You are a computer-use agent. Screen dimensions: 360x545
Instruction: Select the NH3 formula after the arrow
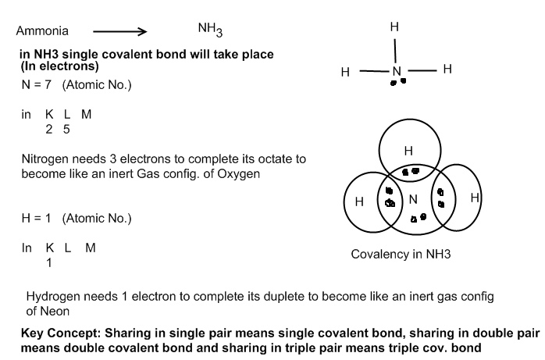pos(210,30)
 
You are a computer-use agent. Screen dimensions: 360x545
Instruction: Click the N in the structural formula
pos(396,72)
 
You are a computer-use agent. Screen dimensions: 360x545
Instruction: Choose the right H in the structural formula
pos(447,70)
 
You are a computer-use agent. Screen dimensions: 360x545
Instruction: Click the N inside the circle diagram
pos(413,199)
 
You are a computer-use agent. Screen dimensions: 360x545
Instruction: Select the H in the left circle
pos(359,201)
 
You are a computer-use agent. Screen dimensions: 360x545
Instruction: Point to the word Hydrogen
pos(53,298)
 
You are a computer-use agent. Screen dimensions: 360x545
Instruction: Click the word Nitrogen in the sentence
pos(47,159)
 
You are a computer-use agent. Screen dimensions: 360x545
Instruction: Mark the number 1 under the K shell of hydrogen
pos(49,262)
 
